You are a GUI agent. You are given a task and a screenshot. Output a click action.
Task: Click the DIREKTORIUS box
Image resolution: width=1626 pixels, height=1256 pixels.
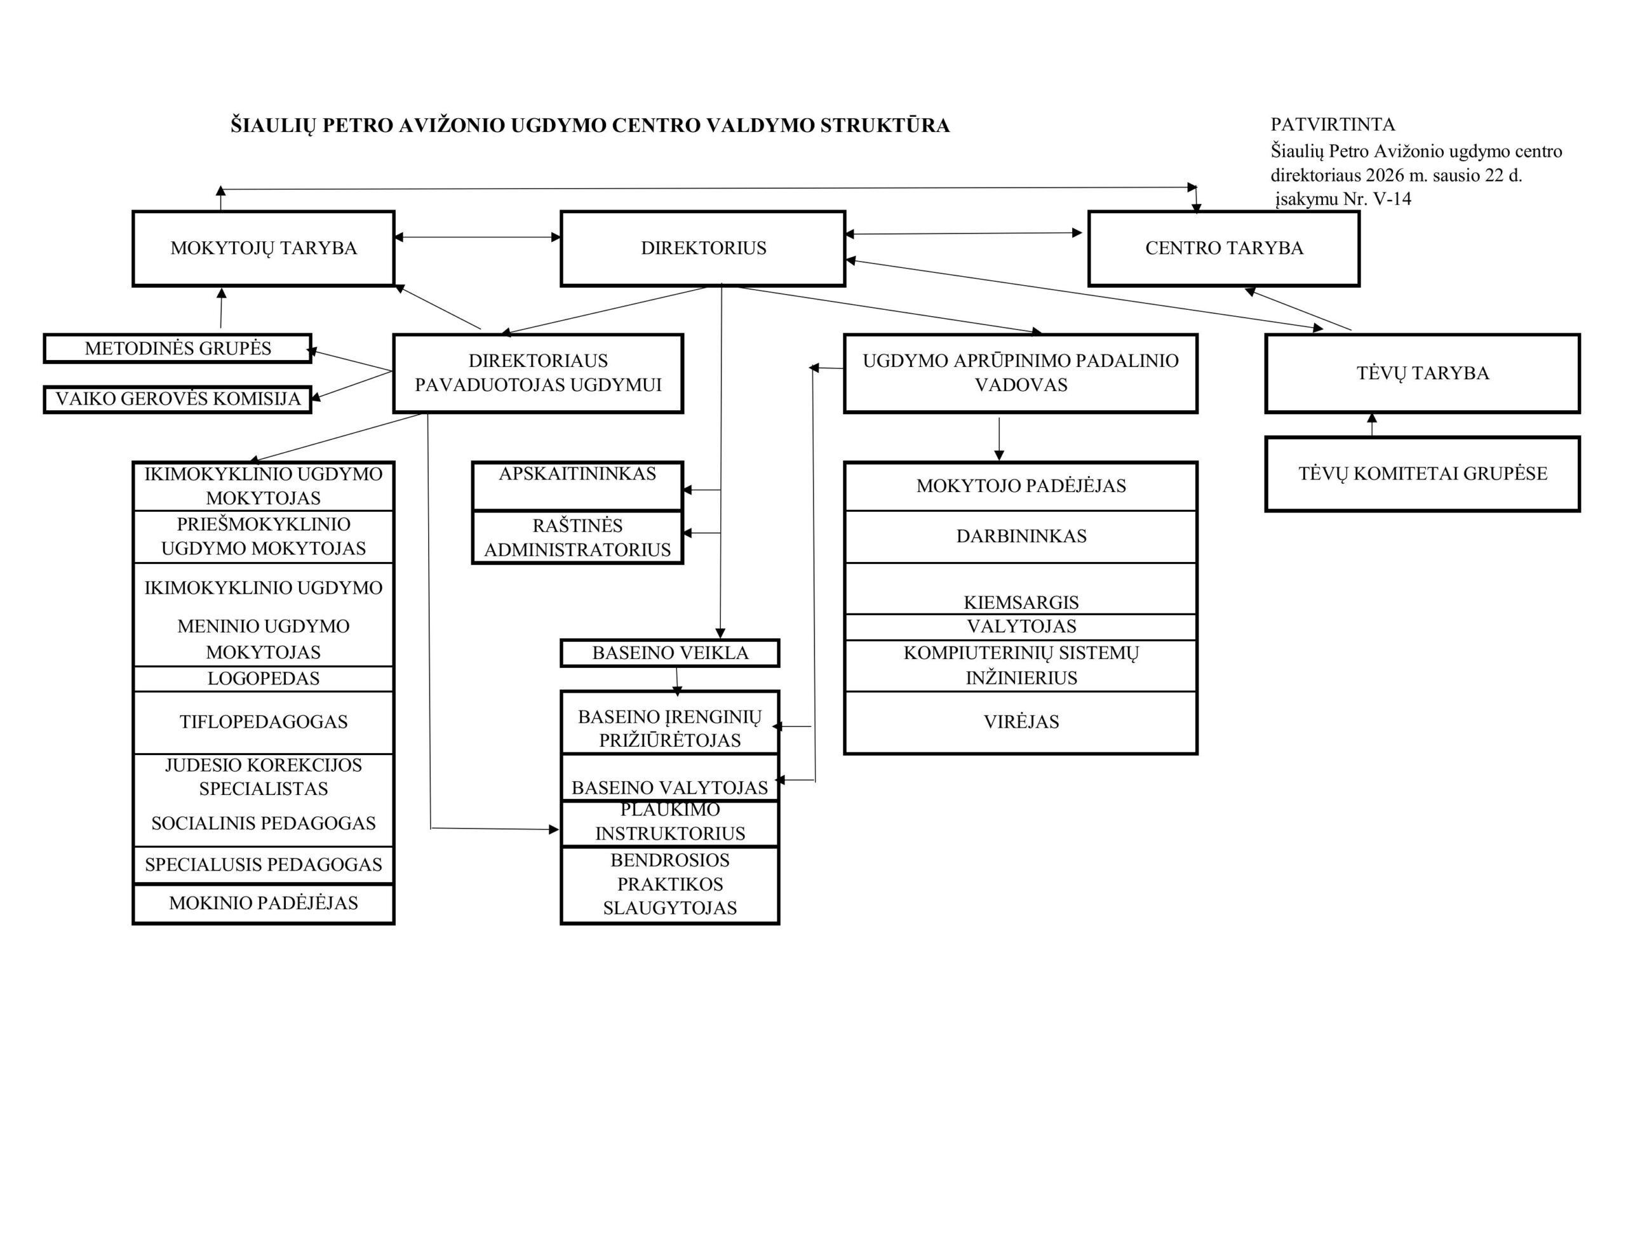(703, 248)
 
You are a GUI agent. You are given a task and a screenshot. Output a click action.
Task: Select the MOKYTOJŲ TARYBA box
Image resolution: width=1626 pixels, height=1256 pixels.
(263, 248)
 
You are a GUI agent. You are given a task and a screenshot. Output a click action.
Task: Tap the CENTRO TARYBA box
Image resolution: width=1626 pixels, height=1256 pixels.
(1223, 248)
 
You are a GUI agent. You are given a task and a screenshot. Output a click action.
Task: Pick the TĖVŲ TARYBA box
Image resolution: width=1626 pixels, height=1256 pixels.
(1422, 373)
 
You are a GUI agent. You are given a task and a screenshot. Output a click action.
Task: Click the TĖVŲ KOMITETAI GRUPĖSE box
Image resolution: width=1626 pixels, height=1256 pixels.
(1422, 474)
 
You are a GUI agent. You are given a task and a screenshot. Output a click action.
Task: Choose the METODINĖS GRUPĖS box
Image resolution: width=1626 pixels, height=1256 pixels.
(177, 349)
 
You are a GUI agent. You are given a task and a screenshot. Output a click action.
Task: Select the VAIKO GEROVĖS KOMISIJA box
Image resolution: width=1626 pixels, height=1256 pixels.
(177, 399)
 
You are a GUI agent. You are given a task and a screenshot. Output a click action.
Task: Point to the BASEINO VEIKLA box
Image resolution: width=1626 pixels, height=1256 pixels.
(669, 653)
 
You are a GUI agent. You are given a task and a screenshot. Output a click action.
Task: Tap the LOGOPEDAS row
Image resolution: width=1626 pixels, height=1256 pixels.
(263, 678)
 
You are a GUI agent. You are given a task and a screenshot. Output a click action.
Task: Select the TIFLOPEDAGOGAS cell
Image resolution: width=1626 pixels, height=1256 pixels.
(263, 721)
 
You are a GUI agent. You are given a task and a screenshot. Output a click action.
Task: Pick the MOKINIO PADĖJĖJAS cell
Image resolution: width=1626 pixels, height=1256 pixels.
(263, 903)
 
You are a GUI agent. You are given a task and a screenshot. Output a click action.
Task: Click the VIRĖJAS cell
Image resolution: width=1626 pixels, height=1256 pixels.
(1021, 721)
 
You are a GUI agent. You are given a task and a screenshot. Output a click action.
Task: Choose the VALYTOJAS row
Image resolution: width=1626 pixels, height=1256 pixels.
(1021, 626)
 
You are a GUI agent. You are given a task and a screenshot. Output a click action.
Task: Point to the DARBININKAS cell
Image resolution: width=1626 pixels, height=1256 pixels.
(1021, 536)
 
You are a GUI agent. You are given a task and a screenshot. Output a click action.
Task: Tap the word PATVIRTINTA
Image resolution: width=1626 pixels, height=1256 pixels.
(1333, 124)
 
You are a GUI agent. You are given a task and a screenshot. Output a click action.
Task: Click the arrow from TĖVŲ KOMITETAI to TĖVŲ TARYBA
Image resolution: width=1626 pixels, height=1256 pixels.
(1371, 424)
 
